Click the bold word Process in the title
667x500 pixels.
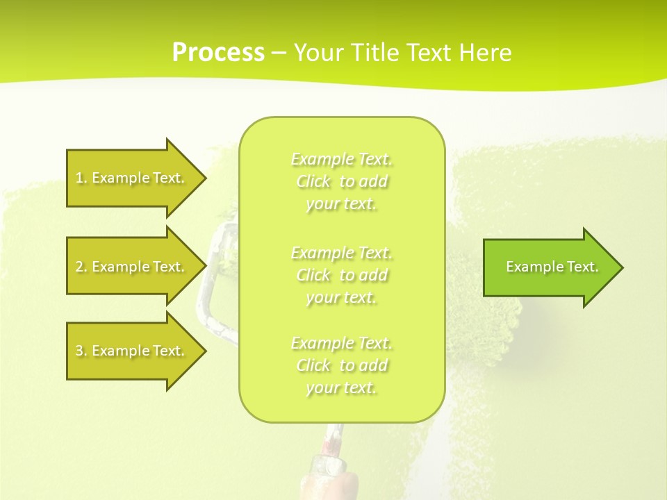coord(218,53)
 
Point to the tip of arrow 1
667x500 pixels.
coord(204,178)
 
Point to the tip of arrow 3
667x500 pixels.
coord(204,351)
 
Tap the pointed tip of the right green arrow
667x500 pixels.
coord(621,267)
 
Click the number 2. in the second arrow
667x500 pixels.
coord(81,267)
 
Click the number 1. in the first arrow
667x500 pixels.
coord(81,178)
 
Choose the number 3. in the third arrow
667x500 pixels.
coord(81,351)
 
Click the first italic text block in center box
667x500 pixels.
coord(341,181)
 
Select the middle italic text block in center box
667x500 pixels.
coord(341,275)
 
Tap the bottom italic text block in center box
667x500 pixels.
coord(341,365)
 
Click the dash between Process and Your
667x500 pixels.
coord(279,53)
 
